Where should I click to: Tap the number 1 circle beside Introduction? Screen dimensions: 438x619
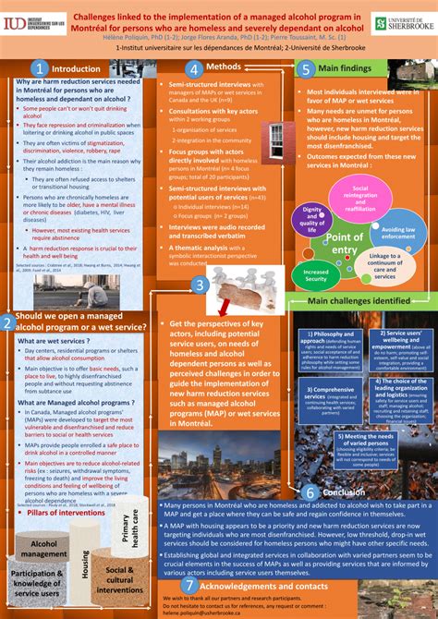point(39,67)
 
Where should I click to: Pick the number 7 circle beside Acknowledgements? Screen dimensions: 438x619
point(190,584)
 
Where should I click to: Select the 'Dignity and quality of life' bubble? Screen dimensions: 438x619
point(311,219)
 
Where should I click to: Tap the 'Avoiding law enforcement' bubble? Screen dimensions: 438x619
point(398,231)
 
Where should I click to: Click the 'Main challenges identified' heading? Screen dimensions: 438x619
point(359,300)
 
